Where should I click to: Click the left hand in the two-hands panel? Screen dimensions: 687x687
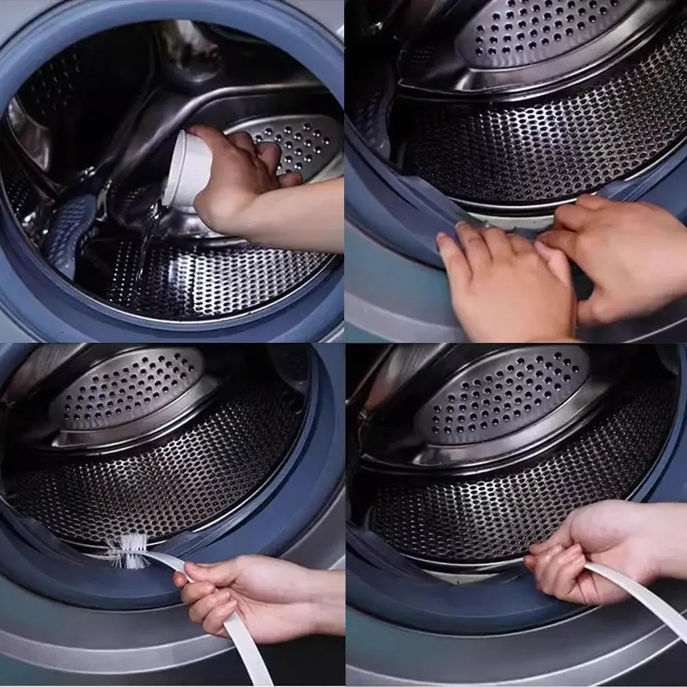[505, 278]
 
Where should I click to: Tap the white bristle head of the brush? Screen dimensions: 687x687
[128, 550]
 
